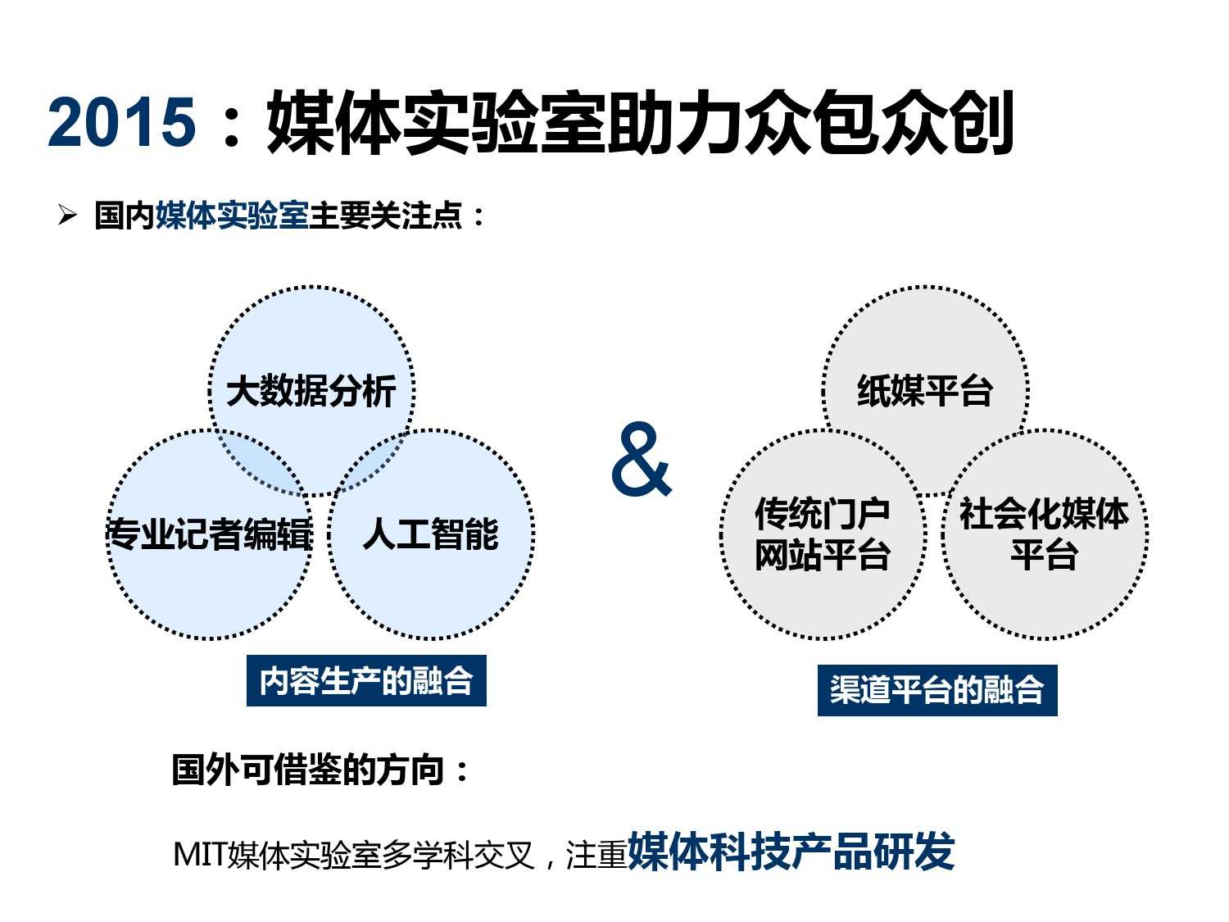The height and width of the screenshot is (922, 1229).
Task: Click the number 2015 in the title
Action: [x=121, y=122]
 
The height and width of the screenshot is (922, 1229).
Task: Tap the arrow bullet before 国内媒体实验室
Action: [x=67, y=216]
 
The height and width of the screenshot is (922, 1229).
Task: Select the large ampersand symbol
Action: [x=641, y=459]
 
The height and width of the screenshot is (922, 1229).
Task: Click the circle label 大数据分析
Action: [x=311, y=391]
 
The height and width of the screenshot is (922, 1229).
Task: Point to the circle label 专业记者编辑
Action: [x=210, y=534]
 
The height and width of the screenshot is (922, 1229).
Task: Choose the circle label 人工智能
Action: [x=431, y=534]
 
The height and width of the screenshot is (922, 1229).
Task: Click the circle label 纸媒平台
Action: [x=925, y=391]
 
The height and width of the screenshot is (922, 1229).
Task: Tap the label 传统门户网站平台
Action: [x=823, y=534]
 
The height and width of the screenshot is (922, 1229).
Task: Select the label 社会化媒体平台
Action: [x=1044, y=534]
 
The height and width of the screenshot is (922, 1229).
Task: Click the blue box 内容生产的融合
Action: [x=366, y=680]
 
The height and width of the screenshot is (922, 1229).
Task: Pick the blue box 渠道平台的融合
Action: [x=937, y=690]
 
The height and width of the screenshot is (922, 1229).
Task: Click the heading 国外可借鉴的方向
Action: [x=320, y=770]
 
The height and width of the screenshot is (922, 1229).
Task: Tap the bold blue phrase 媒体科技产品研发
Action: [x=791, y=852]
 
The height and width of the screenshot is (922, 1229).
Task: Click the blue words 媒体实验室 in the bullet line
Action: [x=232, y=216]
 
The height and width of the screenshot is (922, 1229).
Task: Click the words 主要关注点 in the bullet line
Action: [x=386, y=216]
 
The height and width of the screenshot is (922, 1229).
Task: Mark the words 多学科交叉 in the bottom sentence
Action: [x=459, y=855]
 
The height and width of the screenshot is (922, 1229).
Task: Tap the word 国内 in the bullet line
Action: [x=125, y=216]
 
